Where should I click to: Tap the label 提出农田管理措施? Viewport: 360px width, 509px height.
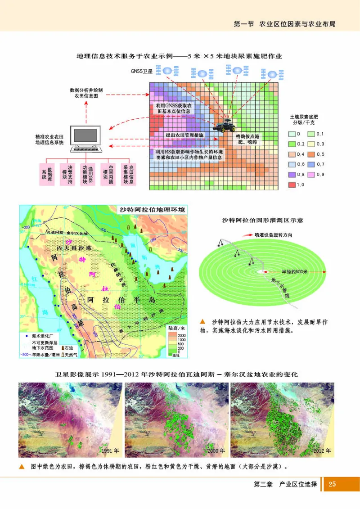point(184,135)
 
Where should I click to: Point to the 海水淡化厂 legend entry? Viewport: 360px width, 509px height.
point(42,336)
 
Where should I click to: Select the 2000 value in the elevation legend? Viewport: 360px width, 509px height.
point(181,336)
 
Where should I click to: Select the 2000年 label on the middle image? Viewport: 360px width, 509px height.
point(216,450)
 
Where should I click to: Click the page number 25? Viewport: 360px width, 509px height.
point(333,484)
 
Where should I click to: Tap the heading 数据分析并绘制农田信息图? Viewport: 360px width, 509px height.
point(86,93)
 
